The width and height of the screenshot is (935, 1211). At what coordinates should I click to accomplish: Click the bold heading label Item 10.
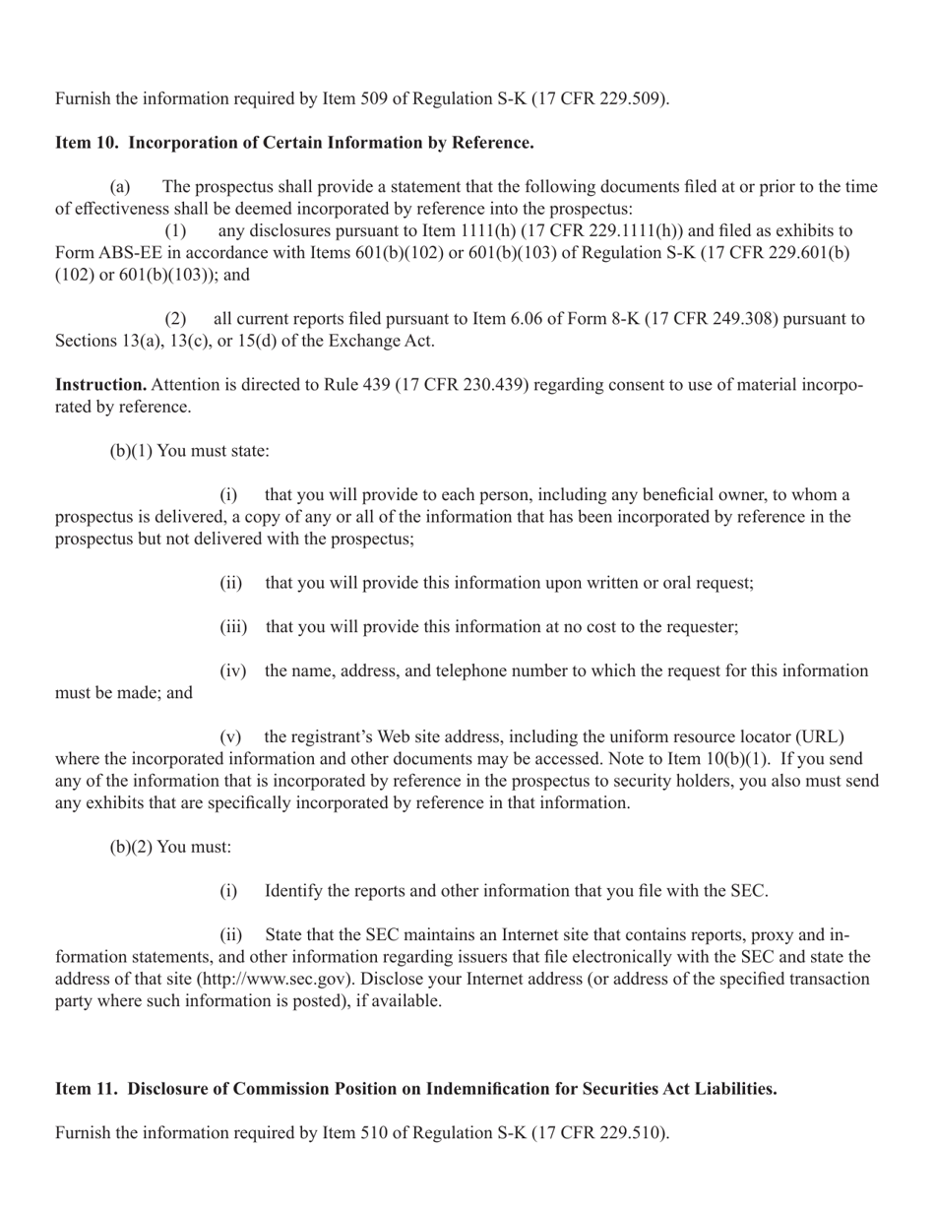tap(89, 143)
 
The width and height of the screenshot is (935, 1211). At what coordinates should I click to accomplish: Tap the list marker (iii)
tap(232, 627)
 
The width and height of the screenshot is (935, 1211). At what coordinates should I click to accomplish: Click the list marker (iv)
tap(232, 670)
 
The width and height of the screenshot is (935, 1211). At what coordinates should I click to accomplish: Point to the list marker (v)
tap(230, 736)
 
